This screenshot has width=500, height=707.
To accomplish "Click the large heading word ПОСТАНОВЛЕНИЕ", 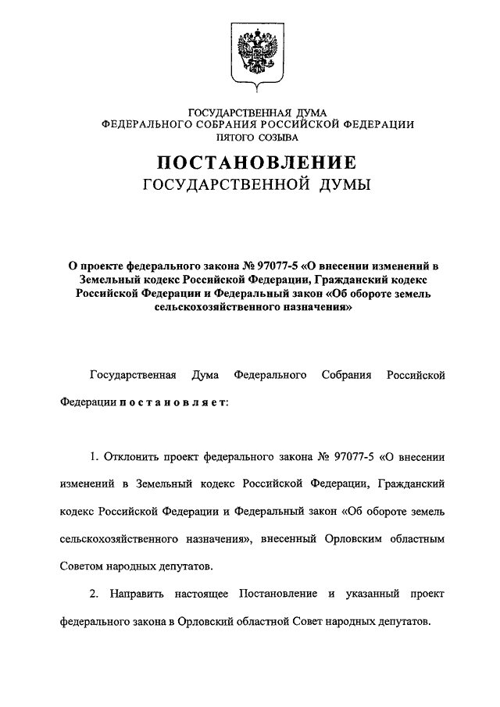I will pos(257,163).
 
